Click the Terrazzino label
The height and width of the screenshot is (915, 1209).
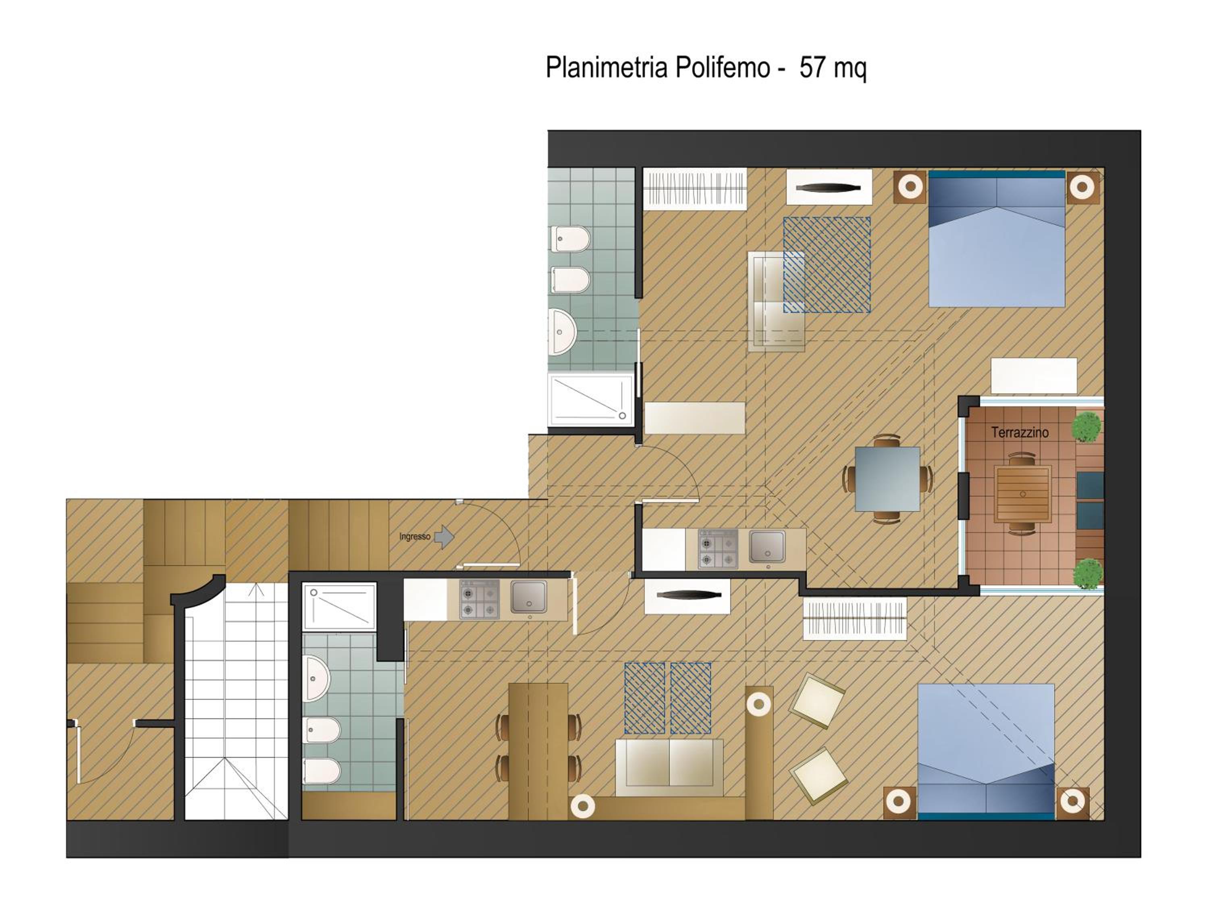click(x=1020, y=433)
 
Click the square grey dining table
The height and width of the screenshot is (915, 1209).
click(x=887, y=479)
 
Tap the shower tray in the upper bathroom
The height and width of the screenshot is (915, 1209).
click(x=590, y=399)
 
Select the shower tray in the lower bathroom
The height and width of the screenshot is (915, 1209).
click(x=339, y=606)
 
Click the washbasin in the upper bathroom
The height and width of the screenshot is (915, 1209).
click(x=563, y=332)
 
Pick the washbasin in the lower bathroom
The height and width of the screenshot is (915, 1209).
click(x=317, y=678)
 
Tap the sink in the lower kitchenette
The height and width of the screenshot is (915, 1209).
click(x=528, y=597)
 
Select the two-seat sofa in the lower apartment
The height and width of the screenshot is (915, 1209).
click(x=669, y=768)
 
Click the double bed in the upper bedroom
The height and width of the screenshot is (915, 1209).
click(x=997, y=239)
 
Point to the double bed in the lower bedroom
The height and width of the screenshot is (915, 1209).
click(x=986, y=752)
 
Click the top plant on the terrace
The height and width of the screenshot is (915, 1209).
click(x=1085, y=427)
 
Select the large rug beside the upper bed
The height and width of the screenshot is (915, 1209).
click(x=827, y=264)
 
